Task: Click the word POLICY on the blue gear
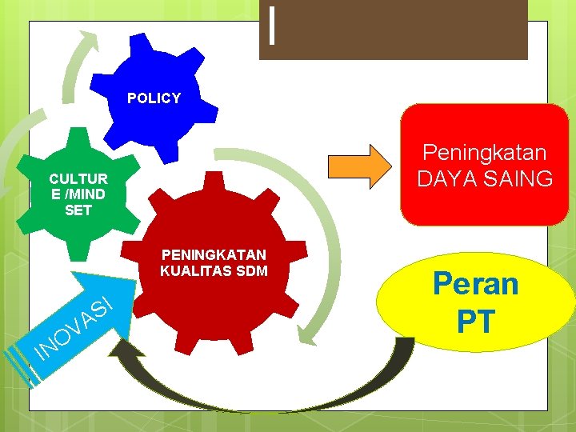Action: click(154, 98)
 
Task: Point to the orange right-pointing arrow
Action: click(365, 166)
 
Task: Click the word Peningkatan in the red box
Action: click(484, 151)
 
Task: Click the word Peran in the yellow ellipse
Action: click(475, 284)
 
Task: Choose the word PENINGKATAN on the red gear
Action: click(214, 254)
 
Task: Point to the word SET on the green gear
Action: click(78, 210)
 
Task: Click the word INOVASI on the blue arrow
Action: click(72, 328)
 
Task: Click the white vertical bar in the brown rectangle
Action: click(274, 26)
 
